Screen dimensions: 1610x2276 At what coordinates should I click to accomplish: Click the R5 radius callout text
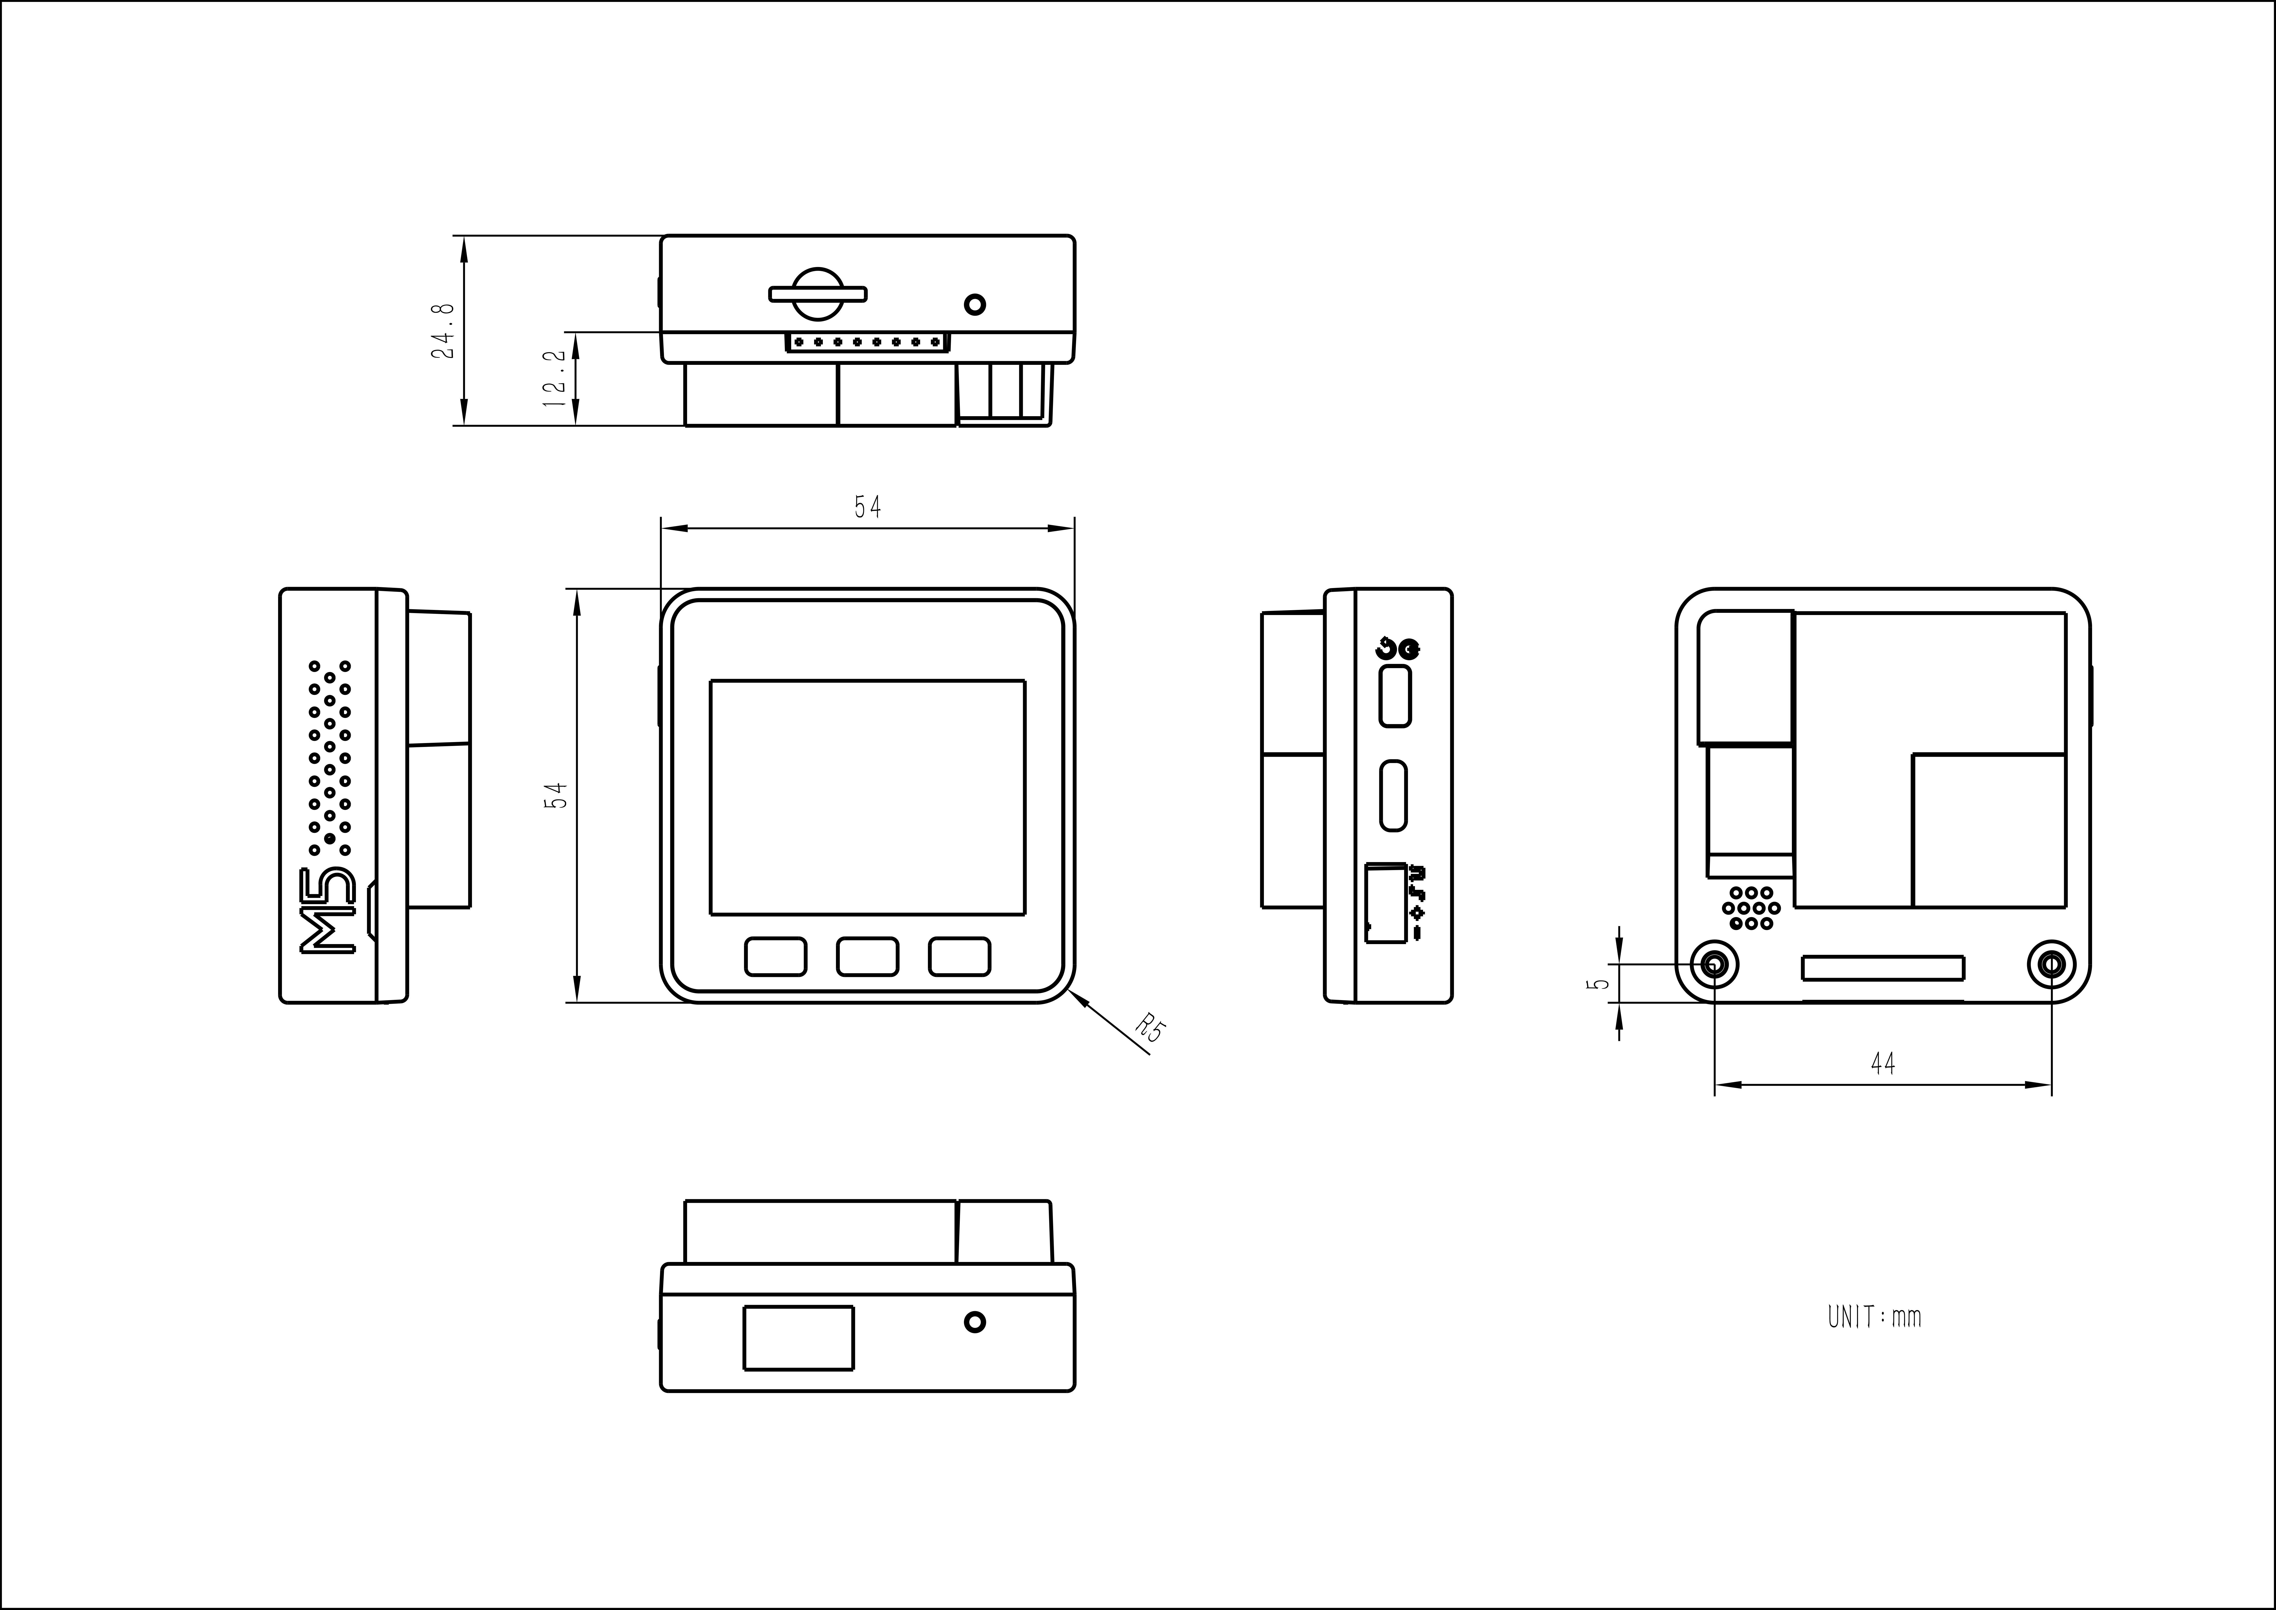click(x=1150, y=1027)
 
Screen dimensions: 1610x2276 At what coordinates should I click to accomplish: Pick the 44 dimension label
click(x=1882, y=1064)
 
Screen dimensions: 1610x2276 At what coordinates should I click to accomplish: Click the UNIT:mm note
click(x=1874, y=1317)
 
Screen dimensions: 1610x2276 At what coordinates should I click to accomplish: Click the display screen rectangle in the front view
click(x=867, y=797)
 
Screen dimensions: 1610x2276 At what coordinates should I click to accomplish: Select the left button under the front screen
click(x=775, y=957)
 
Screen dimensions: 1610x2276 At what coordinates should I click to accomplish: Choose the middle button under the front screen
click(x=867, y=957)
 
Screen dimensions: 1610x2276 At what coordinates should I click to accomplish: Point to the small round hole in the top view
click(x=974, y=304)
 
